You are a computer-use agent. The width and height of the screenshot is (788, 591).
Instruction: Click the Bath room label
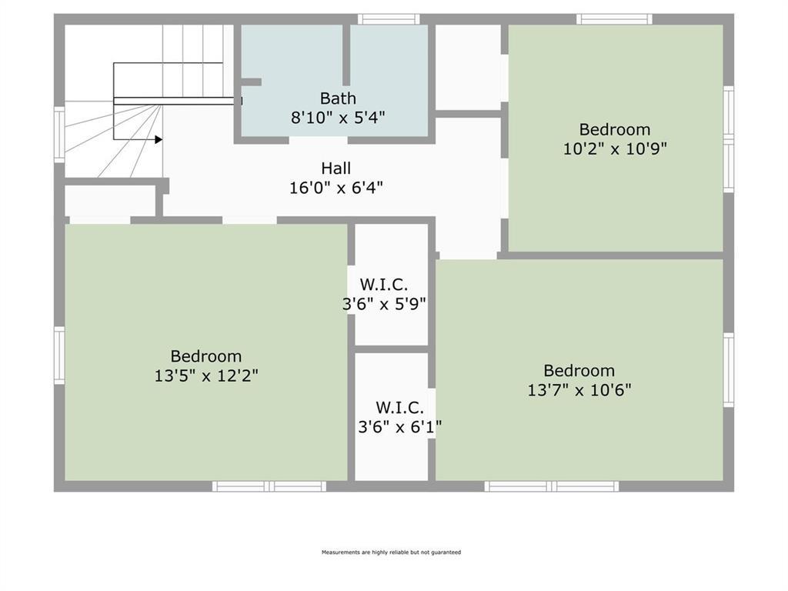pyautogui.click(x=338, y=98)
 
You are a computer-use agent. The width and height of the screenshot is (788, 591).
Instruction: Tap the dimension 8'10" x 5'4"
pyautogui.click(x=338, y=118)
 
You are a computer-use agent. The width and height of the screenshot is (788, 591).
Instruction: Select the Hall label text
pyautogui.click(x=336, y=168)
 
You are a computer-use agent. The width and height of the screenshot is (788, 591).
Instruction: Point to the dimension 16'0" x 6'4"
pyautogui.click(x=336, y=187)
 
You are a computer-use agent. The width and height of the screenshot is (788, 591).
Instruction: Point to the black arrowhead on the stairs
pyautogui.click(x=158, y=139)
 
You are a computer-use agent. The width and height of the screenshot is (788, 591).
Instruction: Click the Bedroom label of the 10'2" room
pyautogui.click(x=615, y=129)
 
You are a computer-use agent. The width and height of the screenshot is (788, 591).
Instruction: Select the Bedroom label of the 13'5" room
pyautogui.click(x=206, y=356)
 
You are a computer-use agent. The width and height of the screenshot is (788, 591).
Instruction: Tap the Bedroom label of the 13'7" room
pyautogui.click(x=579, y=370)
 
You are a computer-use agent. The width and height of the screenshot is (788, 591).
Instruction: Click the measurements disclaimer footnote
pyautogui.click(x=391, y=553)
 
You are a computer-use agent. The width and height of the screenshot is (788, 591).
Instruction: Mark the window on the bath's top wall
pyautogui.click(x=389, y=19)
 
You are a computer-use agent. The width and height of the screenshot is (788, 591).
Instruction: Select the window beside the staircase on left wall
pyautogui.click(x=59, y=135)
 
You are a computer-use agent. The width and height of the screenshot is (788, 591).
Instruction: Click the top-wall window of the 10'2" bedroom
pyautogui.click(x=614, y=19)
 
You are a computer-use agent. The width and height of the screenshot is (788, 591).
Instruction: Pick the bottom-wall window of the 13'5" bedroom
pyautogui.click(x=269, y=486)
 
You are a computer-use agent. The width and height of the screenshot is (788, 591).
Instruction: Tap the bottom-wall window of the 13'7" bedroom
pyautogui.click(x=551, y=486)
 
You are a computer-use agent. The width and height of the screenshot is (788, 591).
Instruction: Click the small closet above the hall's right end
pyautogui.click(x=468, y=68)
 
